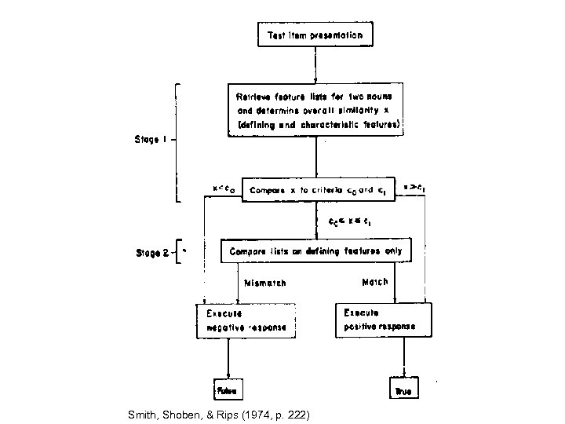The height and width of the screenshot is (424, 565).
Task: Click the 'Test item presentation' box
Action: tap(315, 35)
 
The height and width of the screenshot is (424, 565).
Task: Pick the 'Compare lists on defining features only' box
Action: tap(315, 251)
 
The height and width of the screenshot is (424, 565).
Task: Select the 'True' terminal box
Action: tap(403, 389)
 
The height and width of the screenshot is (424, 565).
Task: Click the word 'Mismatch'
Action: tap(265, 282)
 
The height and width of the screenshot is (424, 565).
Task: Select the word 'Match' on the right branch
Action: tap(374, 280)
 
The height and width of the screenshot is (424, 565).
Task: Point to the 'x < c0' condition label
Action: tap(224, 188)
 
